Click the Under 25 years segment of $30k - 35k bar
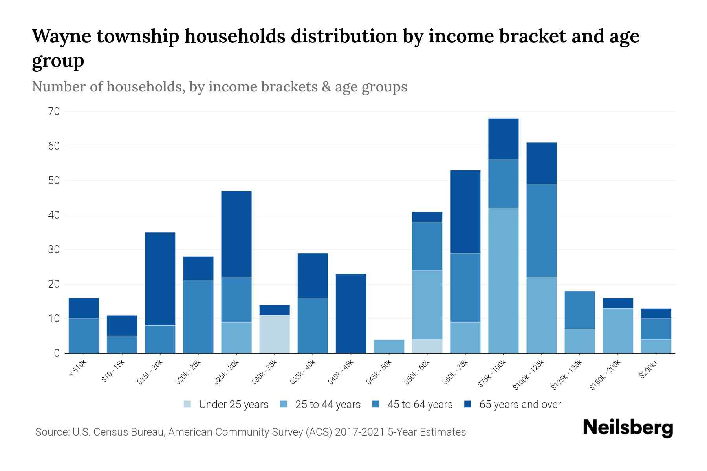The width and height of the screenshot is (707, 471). coord(275,334)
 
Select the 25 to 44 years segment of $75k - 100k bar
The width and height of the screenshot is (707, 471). coord(503,281)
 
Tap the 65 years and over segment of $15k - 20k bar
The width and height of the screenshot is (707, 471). coord(160,279)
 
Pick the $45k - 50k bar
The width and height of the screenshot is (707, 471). coord(389,346)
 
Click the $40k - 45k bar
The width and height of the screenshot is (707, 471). coord(351,313)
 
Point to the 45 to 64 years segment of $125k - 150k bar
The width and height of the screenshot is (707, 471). coord(579,310)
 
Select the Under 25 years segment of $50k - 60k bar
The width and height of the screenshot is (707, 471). coord(427,346)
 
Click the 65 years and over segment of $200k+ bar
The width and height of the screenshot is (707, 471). coord(656,313)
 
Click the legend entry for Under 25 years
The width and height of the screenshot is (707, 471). coord(233,405)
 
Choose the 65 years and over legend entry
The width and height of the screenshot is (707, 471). coord(520,405)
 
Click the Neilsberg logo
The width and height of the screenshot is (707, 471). coord(628,428)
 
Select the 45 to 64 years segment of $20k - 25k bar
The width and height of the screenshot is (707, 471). coord(198,317)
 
